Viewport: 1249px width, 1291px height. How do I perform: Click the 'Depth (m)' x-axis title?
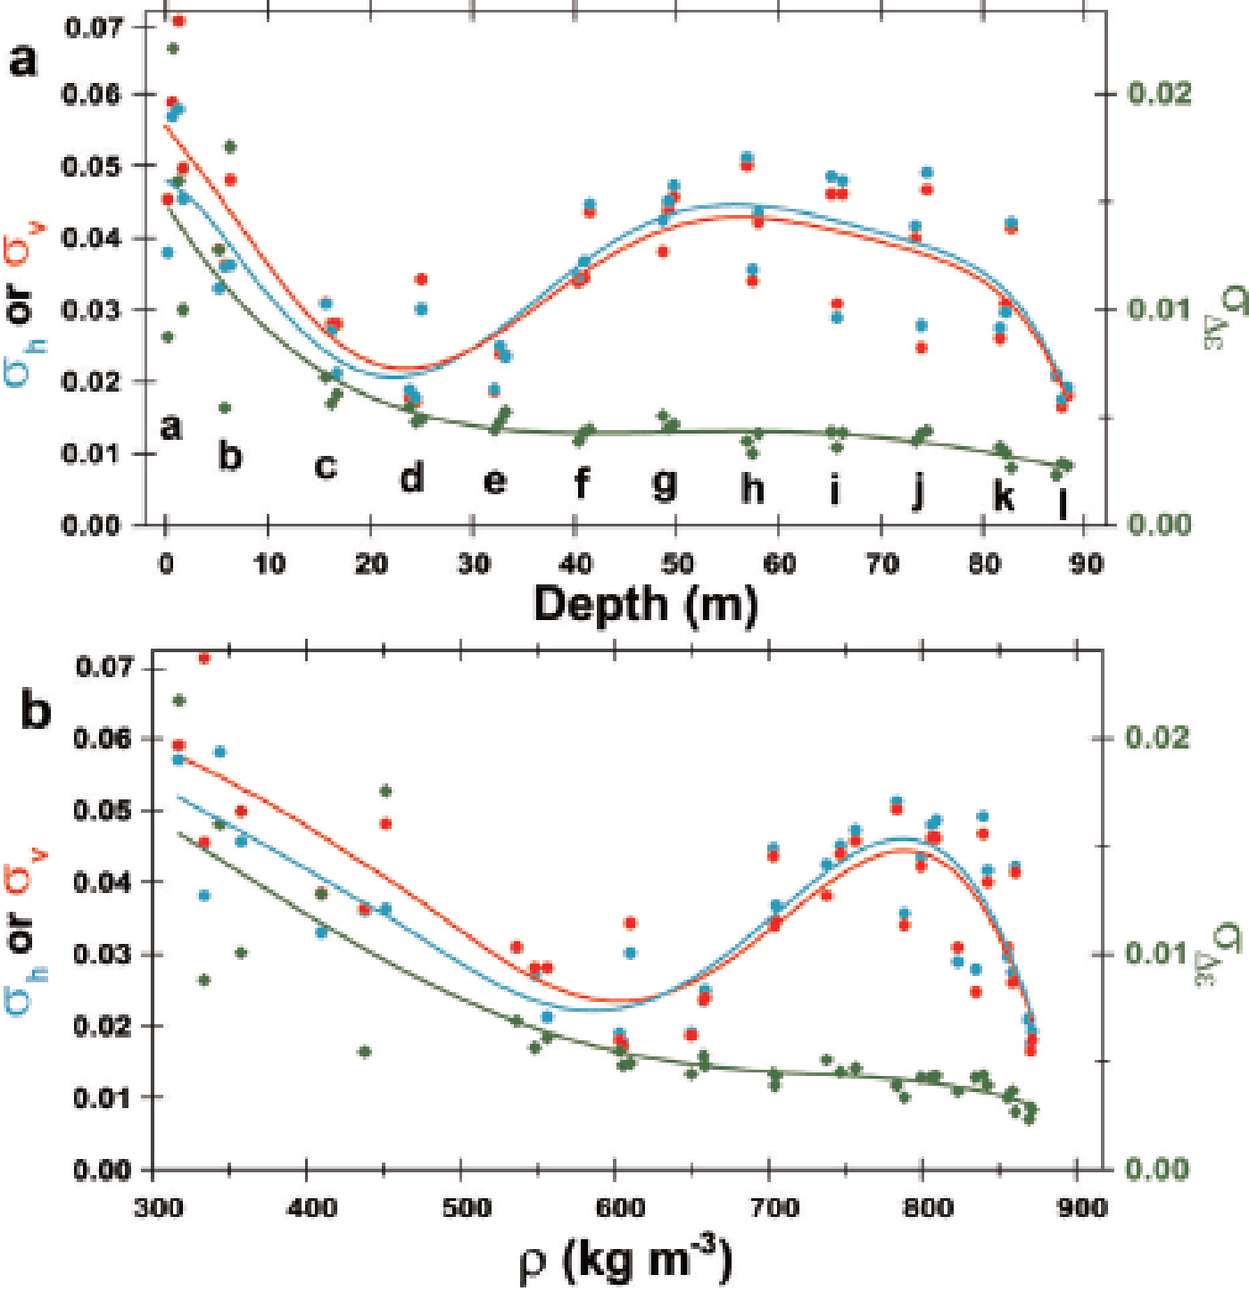645,604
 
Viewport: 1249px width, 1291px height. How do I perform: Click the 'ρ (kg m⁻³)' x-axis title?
624,1259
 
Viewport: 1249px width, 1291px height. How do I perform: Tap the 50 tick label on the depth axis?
677,564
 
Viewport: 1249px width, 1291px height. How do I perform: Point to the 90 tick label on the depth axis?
1085,564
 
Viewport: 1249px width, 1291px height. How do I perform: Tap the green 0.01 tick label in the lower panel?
1157,953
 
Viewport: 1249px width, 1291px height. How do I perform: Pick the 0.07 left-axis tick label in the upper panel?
93,27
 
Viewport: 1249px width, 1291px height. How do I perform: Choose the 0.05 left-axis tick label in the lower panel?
103,810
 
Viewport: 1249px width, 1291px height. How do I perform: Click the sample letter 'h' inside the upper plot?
753,488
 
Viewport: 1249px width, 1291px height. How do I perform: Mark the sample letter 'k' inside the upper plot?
1004,495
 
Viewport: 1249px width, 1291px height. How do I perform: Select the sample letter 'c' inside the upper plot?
327,466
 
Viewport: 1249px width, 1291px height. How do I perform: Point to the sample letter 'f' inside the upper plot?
582,483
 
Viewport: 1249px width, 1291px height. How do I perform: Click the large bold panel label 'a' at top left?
24,61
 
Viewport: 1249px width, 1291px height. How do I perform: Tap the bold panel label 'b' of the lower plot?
36,711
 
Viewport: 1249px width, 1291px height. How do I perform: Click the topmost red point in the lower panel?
203,658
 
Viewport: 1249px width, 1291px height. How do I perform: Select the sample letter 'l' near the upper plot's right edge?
1063,502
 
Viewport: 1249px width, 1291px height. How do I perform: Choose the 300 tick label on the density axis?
159,1208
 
